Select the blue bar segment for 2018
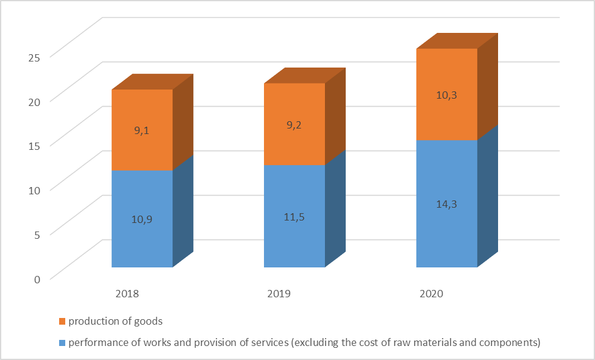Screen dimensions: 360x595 click(142, 238)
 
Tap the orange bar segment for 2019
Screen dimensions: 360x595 click(294, 107)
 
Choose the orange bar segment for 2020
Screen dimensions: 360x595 click(447, 73)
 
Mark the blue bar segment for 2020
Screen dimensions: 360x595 click(447, 231)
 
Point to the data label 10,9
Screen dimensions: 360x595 click(142, 218)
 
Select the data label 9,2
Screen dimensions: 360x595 click(294, 126)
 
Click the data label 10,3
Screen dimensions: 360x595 click(447, 95)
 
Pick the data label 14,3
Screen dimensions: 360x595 click(447, 203)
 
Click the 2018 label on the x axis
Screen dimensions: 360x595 click(127, 294)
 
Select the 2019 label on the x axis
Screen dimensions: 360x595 click(279, 294)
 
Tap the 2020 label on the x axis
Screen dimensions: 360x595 click(432, 294)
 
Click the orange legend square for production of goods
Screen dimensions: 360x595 click(62, 321)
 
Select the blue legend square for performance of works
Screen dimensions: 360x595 click(62, 342)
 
